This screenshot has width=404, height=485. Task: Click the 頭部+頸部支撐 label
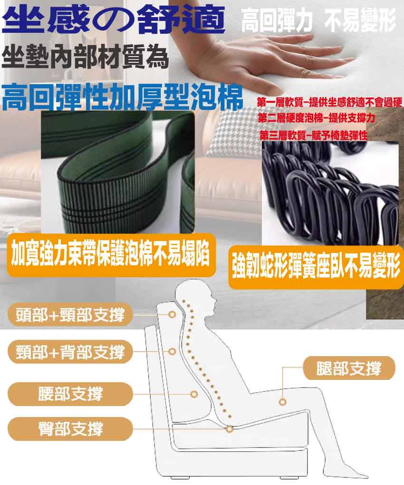pos(70,315)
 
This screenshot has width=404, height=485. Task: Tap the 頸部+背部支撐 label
pos(70,352)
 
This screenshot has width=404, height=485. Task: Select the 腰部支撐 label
pos(70,394)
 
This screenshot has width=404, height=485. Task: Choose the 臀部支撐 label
pos(70,429)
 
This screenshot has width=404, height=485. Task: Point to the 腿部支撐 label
pos(349,368)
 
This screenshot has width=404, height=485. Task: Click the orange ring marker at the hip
pos(230,429)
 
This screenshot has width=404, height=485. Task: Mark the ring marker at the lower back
pos(194,394)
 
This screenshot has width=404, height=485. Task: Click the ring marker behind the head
pos(172,315)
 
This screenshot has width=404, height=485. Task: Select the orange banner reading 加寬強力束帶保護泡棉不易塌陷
pos(111,255)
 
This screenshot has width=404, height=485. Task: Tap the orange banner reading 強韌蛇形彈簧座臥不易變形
pos(316,267)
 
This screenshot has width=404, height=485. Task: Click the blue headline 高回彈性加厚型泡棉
pos(122,97)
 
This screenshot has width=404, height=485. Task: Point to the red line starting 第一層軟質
pos(329,102)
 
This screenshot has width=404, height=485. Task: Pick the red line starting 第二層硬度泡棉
pos(317,118)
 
